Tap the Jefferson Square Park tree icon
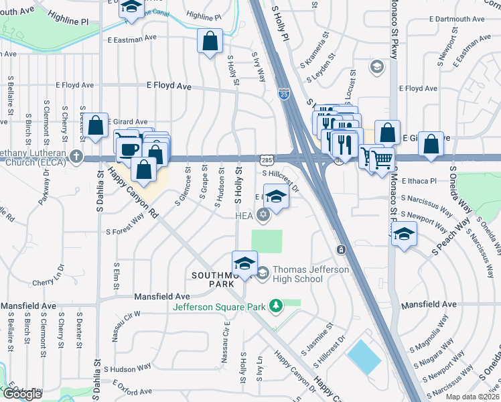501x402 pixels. coord(275,306)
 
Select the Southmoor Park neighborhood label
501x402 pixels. coord(214,279)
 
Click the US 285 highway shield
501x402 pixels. coord(267,159)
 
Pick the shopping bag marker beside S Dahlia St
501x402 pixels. coord(96,126)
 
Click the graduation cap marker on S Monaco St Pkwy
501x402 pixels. coord(404,234)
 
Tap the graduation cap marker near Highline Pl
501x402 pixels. coord(130,8)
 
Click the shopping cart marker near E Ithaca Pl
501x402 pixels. coord(381,159)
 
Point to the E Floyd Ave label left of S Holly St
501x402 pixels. coord(169,86)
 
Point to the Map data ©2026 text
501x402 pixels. coord(473,397)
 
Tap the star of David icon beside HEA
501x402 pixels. coord(263,214)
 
